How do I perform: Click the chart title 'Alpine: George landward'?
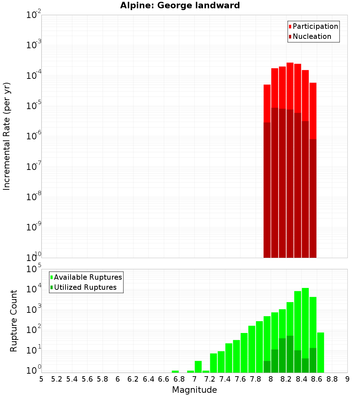180,5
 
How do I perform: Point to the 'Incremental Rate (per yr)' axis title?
7,136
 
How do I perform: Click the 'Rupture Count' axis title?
14,321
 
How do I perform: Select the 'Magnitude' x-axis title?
194,390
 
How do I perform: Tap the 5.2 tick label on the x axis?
57,379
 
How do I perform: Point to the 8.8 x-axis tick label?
332,379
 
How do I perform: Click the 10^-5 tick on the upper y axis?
33,106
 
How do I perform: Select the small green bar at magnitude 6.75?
175,372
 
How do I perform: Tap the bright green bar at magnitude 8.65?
321,352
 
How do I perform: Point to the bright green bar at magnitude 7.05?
198,366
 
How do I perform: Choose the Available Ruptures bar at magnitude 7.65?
244,352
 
